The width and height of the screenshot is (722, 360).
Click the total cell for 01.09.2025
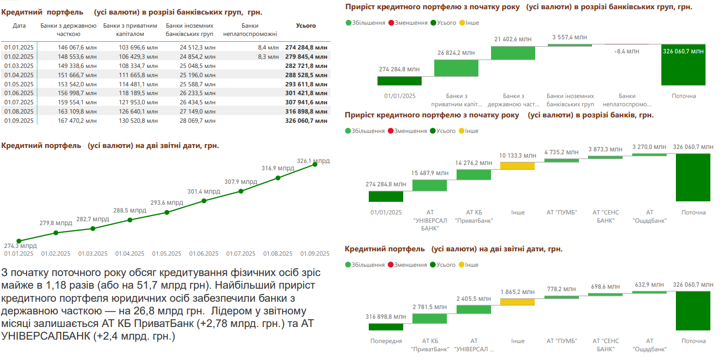pyautogui.click(x=306, y=121)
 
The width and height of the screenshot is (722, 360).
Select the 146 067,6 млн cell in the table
pyautogui.click(x=77, y=47)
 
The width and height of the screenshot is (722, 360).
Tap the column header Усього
pyautogui.click(x=306, y=26)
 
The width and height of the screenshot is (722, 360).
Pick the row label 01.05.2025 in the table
pyautogui.click(x=19, y=84)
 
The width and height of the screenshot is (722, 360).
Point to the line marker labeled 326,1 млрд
pyautogui.click(x=315, y=164)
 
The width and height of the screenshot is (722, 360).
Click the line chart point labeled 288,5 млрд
pyautogui.click(x=130, y=220)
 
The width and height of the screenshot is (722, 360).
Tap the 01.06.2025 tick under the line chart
pyautogui.click(x=204, y=253)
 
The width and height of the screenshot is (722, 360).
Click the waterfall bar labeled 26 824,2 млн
pyautogui.click(x=456, y=68)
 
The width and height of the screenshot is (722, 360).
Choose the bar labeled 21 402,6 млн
pyautogui.click(x=513, y=53)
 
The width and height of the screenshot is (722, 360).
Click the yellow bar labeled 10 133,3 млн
pyautogui.click(x=517, y=166)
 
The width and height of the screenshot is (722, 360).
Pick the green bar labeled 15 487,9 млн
pyautogui.click(x=429, y=185)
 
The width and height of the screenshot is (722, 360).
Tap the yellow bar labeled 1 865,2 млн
pyautogui.click(x=517, y=302)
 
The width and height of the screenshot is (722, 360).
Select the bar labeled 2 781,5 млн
pyautogui.click(x=429, y=318)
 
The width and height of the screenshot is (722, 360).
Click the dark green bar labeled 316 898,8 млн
pyautogui.click(x=386, y=326)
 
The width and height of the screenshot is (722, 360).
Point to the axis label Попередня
pyautogui.click(x=386, y=341)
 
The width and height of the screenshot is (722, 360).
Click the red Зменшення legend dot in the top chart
pyautogui.click(x=391, y=23)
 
